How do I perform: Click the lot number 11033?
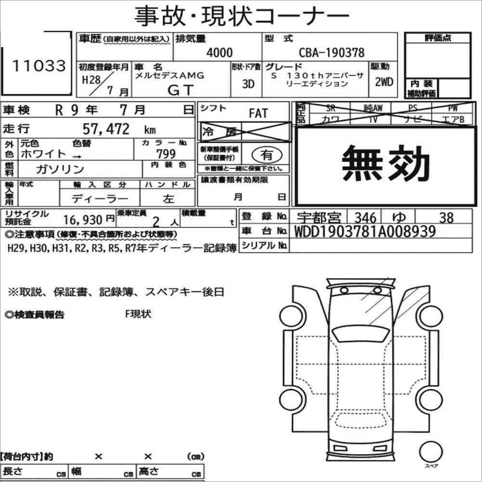click(x=39, y=65)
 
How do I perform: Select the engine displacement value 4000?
click(x=219, y=52)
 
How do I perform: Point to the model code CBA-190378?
click(x=332, y=52)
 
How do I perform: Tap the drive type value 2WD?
click(x=384, y=82)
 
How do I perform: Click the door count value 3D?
click(x=248, y=84)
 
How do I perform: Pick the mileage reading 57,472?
click(x=106, y=129)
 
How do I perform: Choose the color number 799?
click(x=166, y=153)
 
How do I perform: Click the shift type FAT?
click(x=258, y=113)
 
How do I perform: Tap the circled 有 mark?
click(x=266, y=155)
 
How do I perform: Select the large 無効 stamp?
click(x=385, y=163)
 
